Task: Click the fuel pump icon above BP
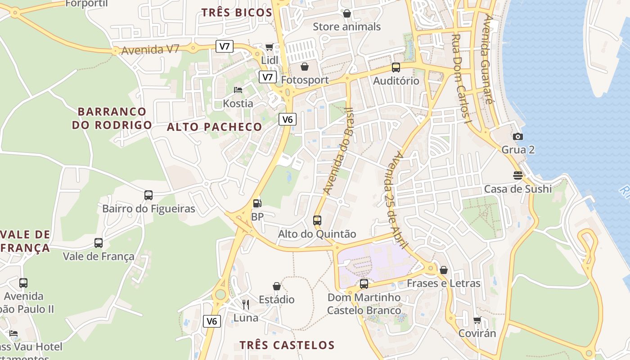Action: tap(256, 203)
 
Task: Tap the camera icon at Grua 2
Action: tap(518, 136)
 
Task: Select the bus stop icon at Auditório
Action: tap(396, 67)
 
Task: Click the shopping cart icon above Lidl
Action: tap(269, 47)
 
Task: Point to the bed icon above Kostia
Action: tap(238, 90)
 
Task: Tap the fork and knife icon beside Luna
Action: tap(246, 305)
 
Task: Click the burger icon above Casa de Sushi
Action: tap(518, 175)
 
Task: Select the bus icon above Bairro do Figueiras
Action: tap(148, 195)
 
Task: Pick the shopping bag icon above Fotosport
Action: tap(305, 67)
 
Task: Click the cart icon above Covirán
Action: tap(477, 320)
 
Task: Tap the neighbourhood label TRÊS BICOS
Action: tap(237, 13)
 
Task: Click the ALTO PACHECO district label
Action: tap(214, 127)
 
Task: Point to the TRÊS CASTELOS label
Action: tap(287, 345)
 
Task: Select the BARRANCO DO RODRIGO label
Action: tap(112, 118)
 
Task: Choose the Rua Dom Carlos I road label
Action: tap(461, 79)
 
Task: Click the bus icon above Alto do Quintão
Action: tap(317, 220)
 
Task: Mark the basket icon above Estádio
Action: tap(277, 286)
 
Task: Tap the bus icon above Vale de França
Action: tap(99, 243)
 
